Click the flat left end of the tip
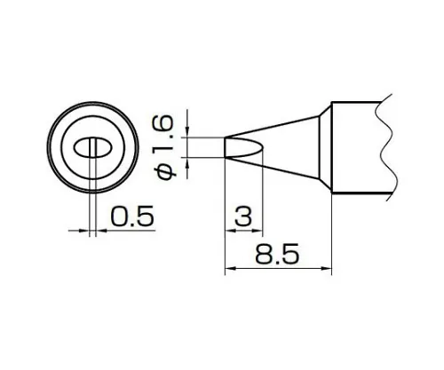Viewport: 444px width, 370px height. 227,147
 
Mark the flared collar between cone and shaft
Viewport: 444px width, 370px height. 325,146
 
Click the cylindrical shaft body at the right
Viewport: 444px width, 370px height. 355,146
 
